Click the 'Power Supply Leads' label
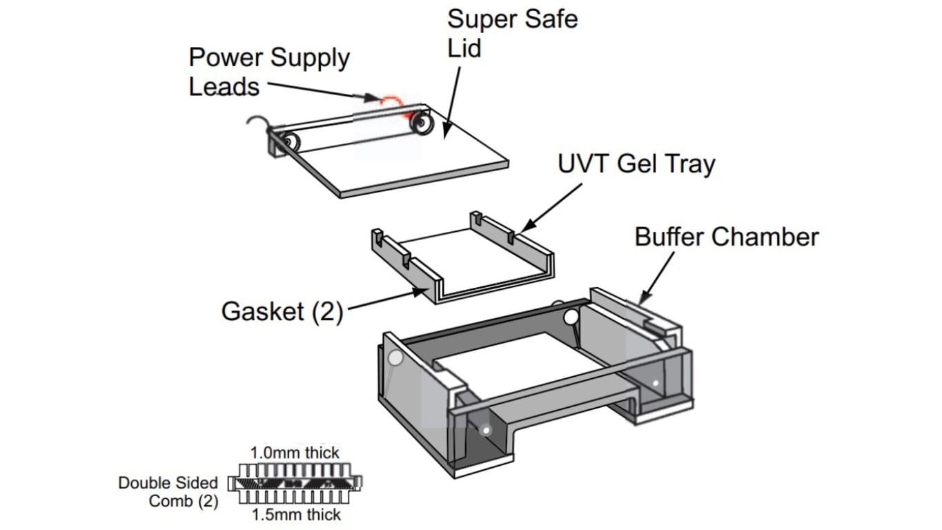pos(269,72)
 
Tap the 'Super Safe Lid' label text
pos(512,34)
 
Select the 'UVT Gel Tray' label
pos(636,164)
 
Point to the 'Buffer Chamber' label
pos(727,237)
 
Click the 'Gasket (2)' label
pos(282,312)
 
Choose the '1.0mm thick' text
pos(295,453)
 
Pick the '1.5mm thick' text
pos(296,514)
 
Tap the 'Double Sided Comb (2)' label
pos(168,492)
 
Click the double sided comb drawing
pos(295,483)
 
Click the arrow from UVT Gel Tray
pos(551,207)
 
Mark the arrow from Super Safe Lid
pos(452,103)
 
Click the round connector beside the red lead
pos(421,123)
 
